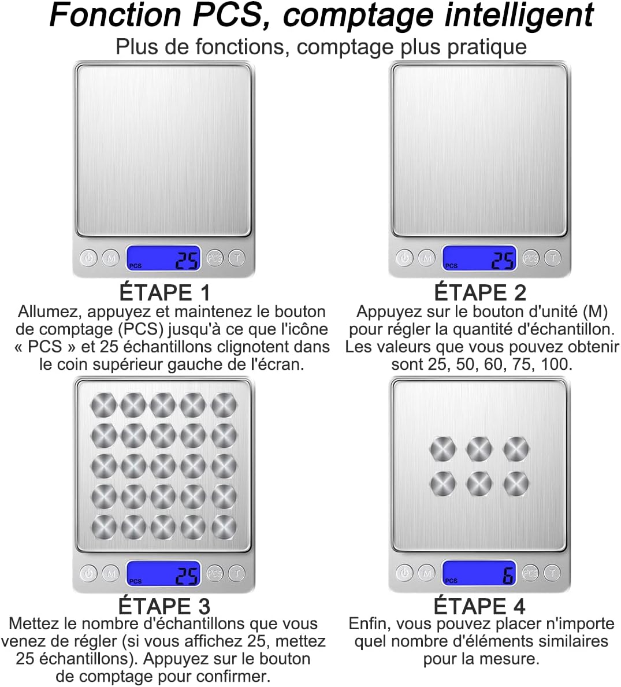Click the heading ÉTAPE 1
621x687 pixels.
(165, 292)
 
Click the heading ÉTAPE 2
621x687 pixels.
(480, 292)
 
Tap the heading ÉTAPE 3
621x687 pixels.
(165, 606)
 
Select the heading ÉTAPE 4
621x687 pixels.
(479, 606)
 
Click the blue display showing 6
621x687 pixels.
(479, 573)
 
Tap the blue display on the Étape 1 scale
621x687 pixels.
(163, 258)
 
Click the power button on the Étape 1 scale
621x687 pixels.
(88, 258)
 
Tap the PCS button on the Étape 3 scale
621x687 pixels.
(214, 573)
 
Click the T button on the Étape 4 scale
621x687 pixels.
(553, 573)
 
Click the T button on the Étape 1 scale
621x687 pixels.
(237, 258)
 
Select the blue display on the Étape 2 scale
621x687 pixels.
(479, 258)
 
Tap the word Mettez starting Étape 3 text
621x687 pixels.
(35, 624)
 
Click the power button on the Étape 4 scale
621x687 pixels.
(404, 573)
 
